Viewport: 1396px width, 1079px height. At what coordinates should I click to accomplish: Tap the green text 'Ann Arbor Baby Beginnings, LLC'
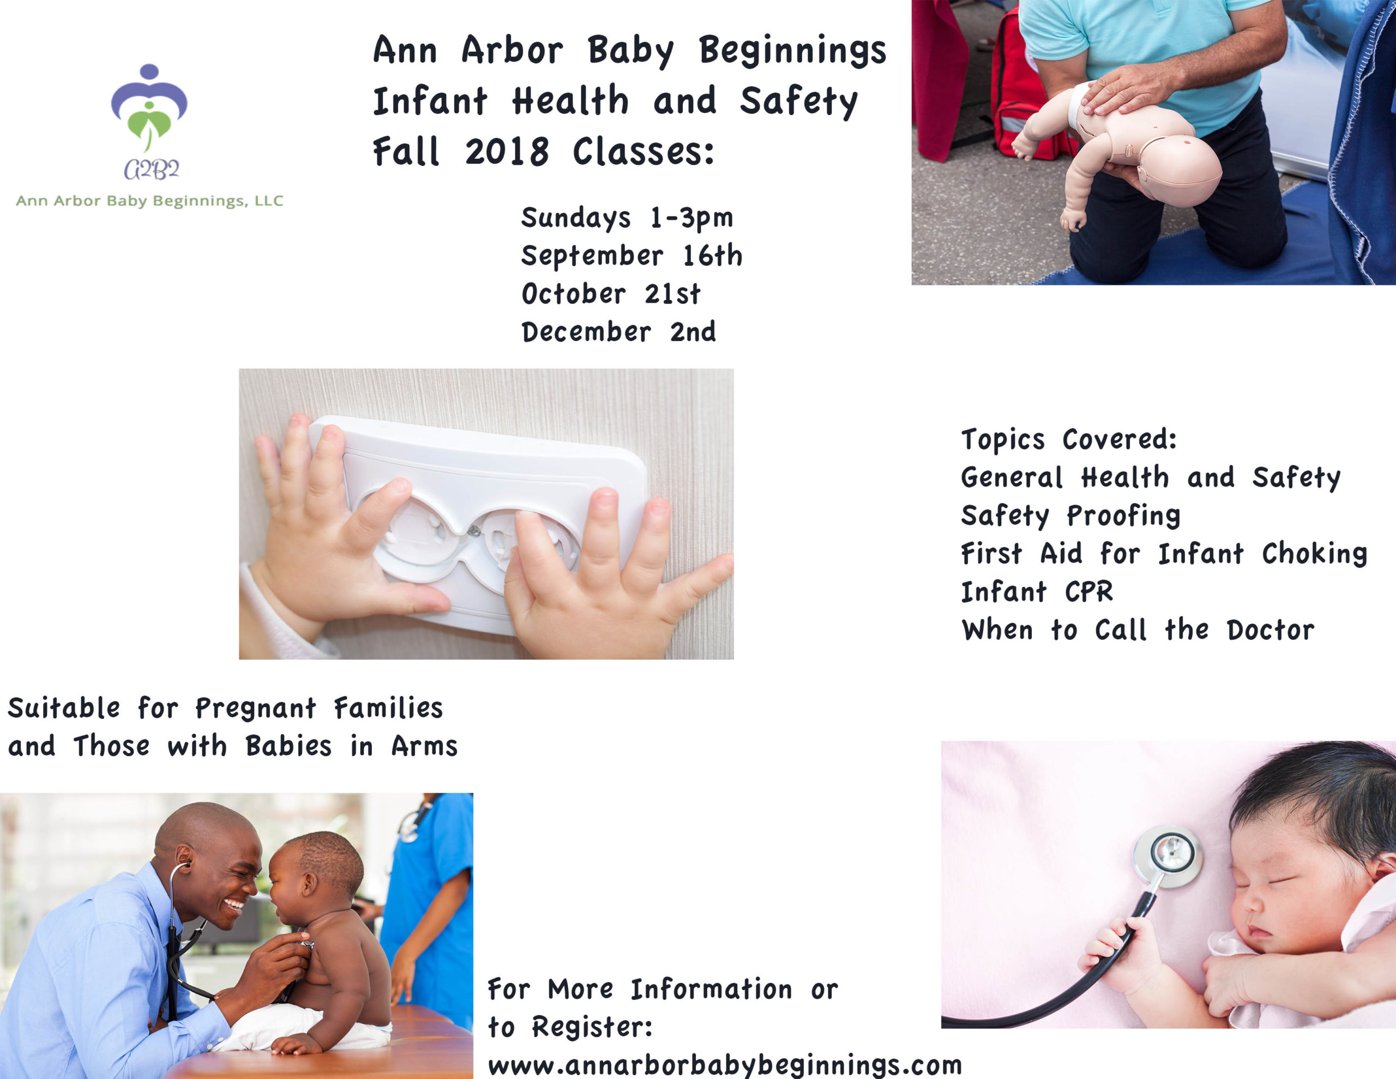click(149, 201)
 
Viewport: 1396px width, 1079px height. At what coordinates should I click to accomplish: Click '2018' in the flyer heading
click(506, 152)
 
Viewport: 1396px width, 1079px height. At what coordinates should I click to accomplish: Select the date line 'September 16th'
click(631, 256)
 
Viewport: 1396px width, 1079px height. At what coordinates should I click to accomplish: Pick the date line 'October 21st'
click(611, 293)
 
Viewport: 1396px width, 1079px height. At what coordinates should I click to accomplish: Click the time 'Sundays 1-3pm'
click(627, 218)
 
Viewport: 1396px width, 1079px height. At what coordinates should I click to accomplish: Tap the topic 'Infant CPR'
click(1037, 592)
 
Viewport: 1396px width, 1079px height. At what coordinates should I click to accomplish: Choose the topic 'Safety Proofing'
click(1070, 516)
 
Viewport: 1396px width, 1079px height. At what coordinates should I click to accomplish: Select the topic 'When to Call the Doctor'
click(1138, 630)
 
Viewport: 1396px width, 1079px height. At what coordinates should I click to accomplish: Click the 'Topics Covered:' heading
click(1069, 440)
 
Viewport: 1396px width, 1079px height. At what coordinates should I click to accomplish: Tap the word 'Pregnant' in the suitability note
click(256, 709)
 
